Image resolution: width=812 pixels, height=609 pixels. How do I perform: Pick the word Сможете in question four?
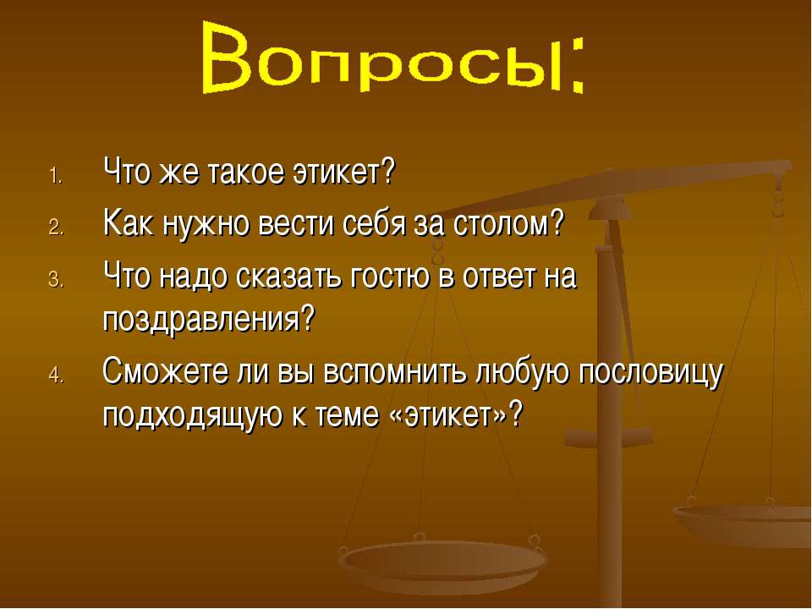pyautogui.click(x=166, y=371)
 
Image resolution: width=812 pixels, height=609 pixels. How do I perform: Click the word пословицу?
pyautogui.click(x=650, y=374)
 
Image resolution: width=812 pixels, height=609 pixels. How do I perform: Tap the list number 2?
pyautogui.click(x=56, y=228)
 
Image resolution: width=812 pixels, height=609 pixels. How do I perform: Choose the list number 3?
pyautogui.click(x=56, y=280)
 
